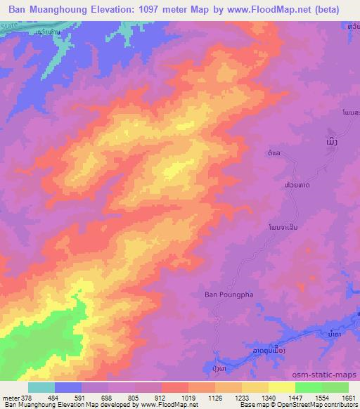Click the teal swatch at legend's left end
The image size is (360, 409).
[41, 387]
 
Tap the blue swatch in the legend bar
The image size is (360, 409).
[68, 387]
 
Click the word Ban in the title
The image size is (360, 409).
[19, 10]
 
